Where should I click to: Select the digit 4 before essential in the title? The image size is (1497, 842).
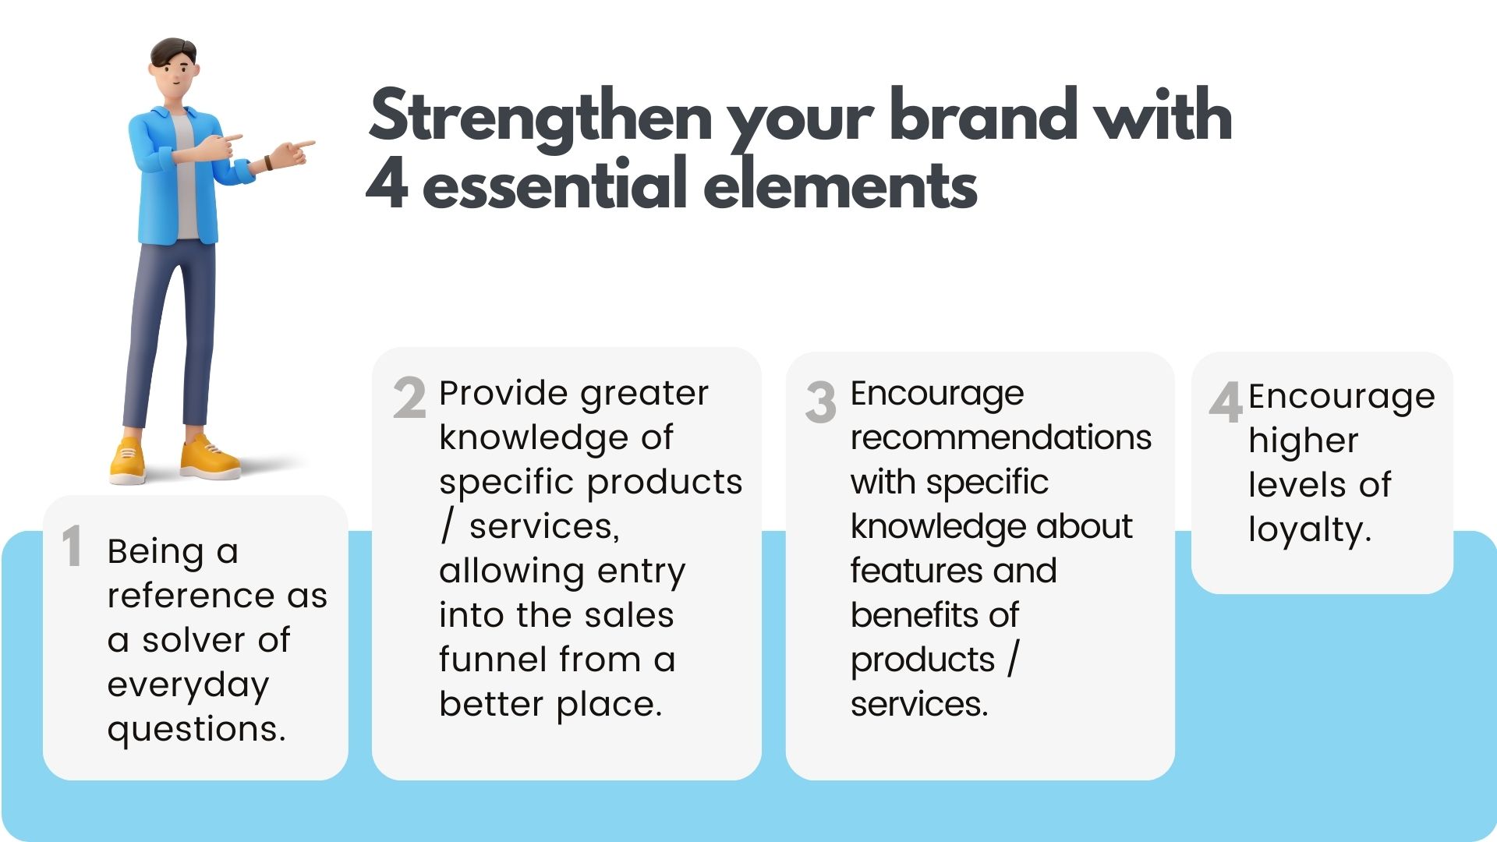tap(387, 184)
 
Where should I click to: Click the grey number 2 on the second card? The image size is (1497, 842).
tap(409, 398)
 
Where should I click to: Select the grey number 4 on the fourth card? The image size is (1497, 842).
tap(1226, 402)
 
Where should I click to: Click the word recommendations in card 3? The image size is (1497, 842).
tap(1001, 437)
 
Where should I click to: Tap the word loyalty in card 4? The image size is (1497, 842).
tap(1309, 530)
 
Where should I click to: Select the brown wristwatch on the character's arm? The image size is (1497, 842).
tap(268, 163)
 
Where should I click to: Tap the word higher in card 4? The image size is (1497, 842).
tap(1303, 443)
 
